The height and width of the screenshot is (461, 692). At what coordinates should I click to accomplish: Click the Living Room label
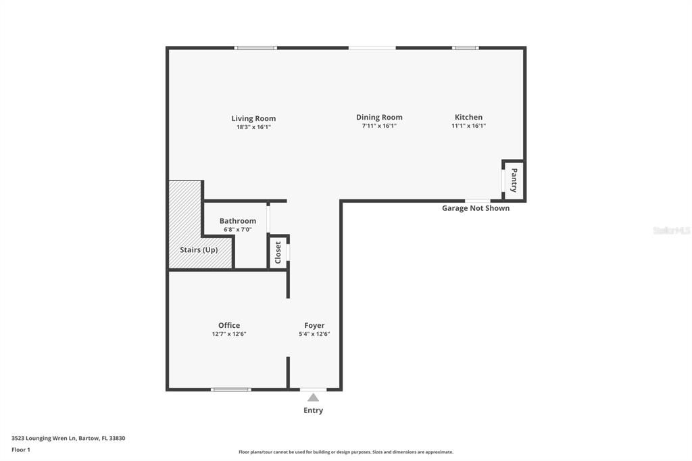[253, 118]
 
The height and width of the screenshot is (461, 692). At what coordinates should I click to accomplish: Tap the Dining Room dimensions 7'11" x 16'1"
[379, 126]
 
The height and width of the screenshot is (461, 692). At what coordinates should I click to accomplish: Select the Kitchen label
[468, 117]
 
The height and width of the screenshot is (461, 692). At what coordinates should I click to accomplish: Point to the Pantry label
[514, 180]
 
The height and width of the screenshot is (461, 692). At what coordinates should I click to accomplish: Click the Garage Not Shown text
[476, 208]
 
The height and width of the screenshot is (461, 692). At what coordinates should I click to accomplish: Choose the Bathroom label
[238, 221]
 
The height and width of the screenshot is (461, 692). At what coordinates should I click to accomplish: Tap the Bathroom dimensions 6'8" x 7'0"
[238, 230]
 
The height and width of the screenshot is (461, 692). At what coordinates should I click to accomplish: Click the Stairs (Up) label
[199, 249]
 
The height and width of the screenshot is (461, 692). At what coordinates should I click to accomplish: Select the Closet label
[278, 252]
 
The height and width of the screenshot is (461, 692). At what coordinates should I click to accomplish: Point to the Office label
[229, 325]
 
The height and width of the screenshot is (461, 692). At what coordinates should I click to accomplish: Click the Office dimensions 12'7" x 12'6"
[229, 334]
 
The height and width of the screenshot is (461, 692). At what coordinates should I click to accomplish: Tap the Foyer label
[314, 325]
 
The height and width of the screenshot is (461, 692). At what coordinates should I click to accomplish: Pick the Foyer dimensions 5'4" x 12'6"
[314, 334]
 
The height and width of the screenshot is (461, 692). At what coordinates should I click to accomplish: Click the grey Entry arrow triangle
[313, 397]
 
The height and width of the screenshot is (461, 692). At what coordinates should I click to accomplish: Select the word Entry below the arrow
[313, 410]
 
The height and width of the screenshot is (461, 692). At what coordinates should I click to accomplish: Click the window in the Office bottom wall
[231, 389]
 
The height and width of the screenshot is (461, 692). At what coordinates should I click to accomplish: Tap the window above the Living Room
[255, 47]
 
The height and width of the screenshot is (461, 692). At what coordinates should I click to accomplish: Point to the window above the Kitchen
[465, 47]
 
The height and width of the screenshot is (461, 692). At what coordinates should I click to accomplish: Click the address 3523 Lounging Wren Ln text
[68, 438]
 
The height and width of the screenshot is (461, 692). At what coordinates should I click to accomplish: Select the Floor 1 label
[21, 450]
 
